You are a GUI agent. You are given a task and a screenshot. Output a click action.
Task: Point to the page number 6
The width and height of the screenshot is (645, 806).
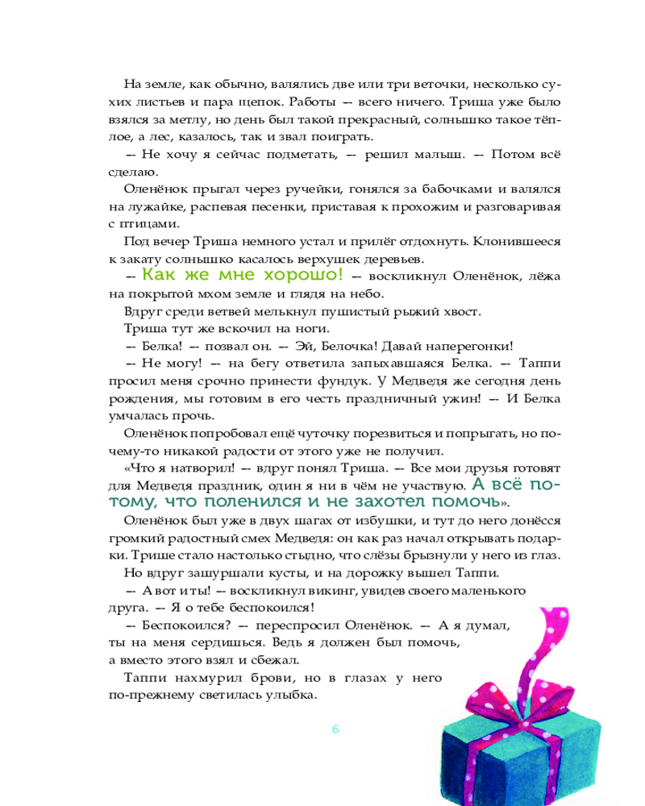tap(335, 729)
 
